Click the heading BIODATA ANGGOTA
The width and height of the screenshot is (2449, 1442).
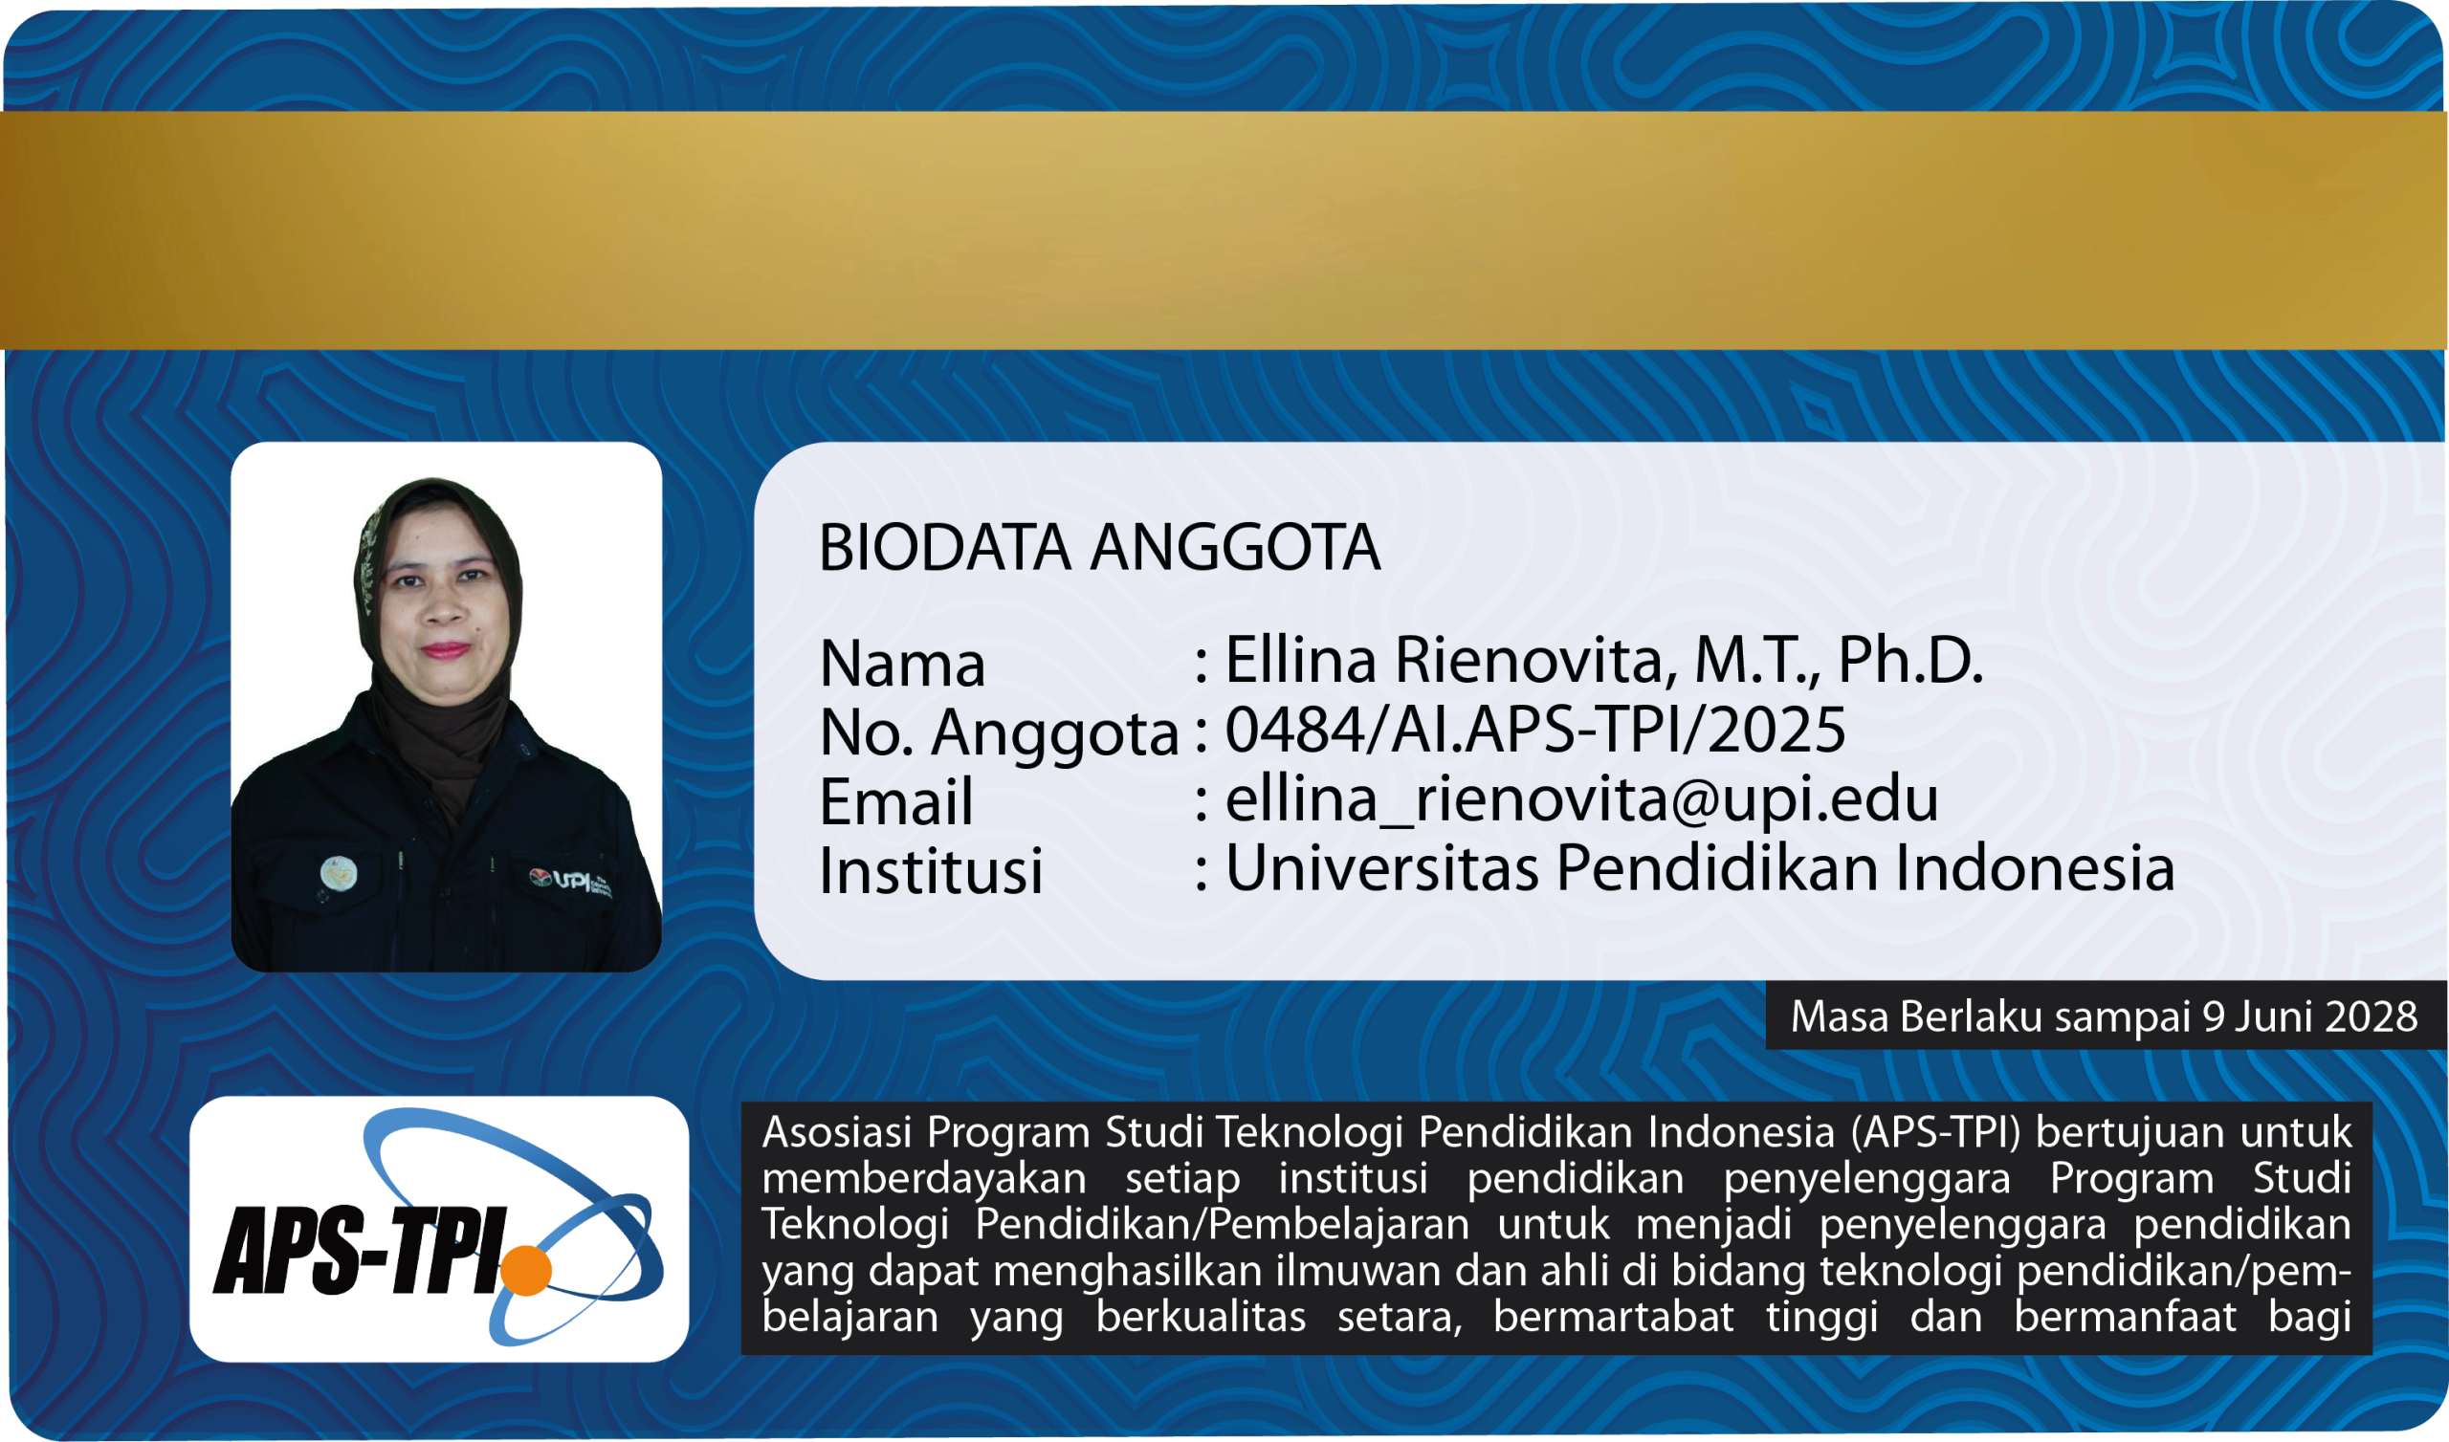pos(1099,547)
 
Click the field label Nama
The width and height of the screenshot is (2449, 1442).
pos(903,664)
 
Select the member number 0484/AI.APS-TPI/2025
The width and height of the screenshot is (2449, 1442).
pos(1534,729)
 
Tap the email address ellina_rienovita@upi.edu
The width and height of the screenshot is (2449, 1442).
pos(1581,798)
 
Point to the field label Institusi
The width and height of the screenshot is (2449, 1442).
pos(931,869)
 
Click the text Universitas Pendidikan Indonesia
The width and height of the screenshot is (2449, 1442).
pos(1700,866)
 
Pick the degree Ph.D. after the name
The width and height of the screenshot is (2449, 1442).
pos(1909,660)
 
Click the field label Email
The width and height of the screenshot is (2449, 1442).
pos(896,801)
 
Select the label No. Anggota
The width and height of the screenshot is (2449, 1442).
pos(999,732)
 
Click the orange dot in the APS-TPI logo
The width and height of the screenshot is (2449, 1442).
pos(526,1270)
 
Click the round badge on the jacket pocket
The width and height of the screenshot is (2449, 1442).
pos(339,874)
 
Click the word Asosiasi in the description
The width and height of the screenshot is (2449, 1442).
pos(837,1131)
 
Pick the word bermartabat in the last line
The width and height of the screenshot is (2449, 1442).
pos(1613,1317)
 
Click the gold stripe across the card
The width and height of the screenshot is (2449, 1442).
pos(1224,230)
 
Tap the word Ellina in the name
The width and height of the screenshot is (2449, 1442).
pos(1300,660)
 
